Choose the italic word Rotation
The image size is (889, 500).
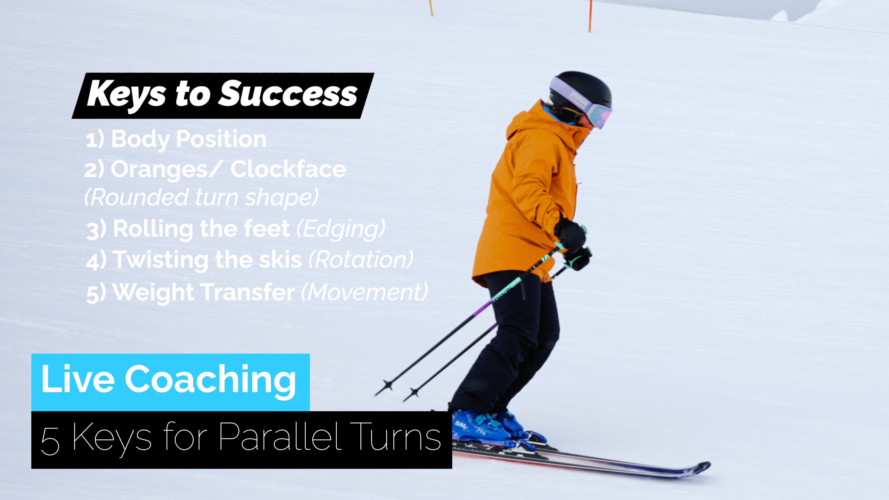[360, 259]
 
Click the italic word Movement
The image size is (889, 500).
[364, 292]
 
